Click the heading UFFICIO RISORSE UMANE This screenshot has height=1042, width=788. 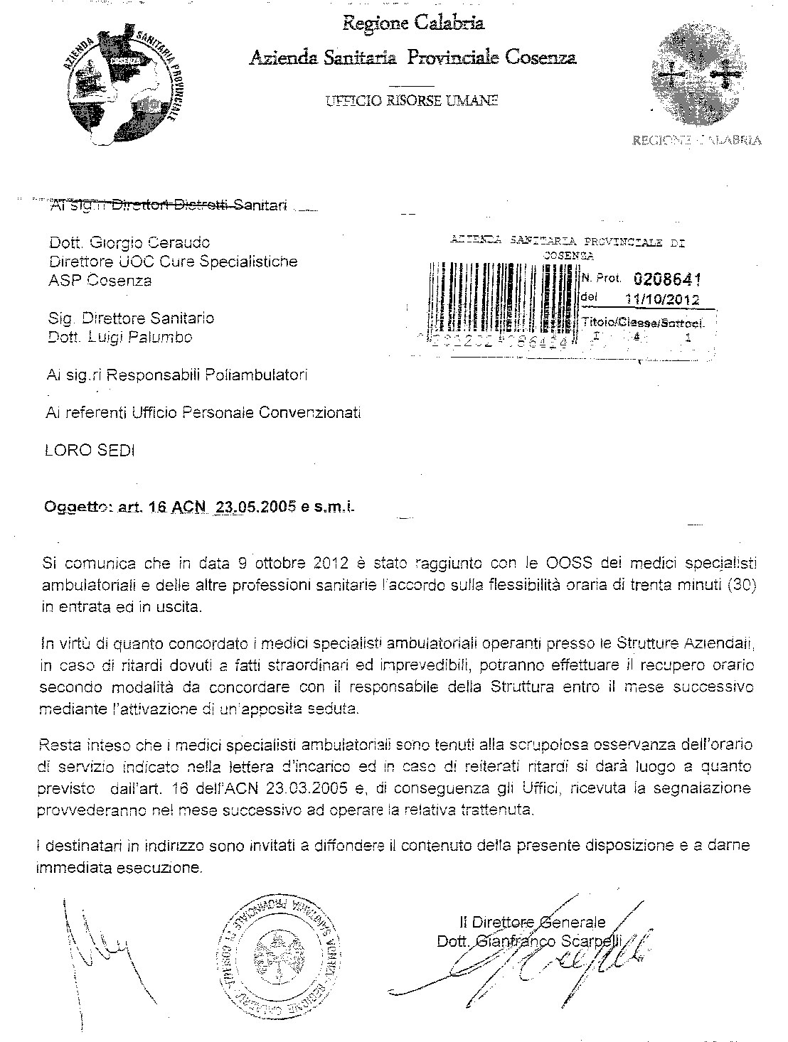pyautogui.click(x=412, y=100)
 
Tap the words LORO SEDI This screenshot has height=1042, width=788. pyautogui.click(x=90, y=451)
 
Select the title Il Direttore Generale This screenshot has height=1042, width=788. pyautogui.click(x=533, y=923)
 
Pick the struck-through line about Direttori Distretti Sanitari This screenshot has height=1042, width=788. pyautogui.click(x=169, y=206)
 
